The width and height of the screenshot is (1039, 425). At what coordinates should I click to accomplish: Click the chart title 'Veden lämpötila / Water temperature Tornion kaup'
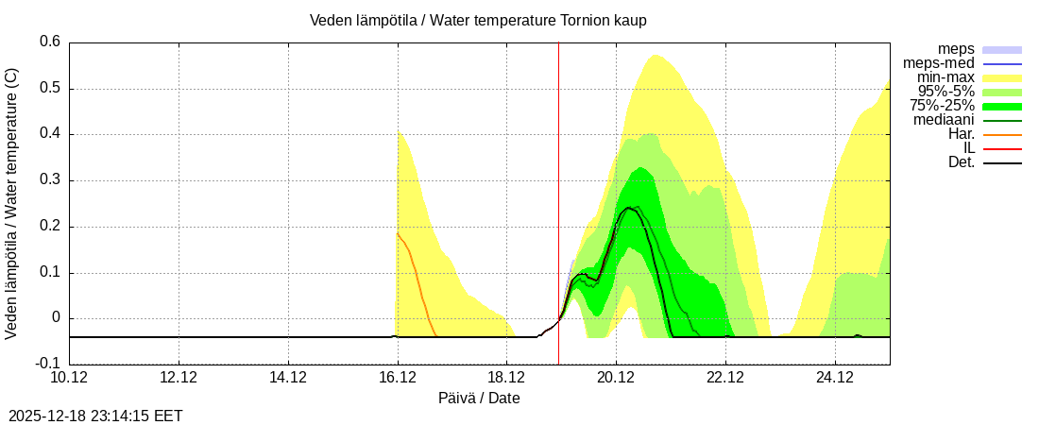[x=478, y=21]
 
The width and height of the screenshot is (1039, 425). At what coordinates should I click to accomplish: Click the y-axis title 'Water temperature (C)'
[x=11, y=203]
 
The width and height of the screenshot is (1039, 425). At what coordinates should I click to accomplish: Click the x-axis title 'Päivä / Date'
[x=479, y=398]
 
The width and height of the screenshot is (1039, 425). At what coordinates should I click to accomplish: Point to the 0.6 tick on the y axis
[x=50, y=42]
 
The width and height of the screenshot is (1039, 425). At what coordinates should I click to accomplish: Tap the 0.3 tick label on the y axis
[x=50, y=180]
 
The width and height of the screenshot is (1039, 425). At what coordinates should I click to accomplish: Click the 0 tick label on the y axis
[x=56, y=318]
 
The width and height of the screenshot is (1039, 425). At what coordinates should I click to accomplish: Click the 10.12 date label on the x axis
[x=69, y=378]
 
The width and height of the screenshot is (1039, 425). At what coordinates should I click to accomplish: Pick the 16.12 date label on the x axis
[x=398, y=378]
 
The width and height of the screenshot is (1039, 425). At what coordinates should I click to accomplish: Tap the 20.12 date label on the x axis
[x=617, y=378]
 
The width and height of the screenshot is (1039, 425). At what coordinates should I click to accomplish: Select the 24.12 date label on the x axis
[x=835, y=378]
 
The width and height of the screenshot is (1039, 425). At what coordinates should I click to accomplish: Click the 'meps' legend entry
[x=956, y=49]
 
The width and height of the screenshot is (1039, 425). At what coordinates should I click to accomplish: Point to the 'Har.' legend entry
[x=961, y=134]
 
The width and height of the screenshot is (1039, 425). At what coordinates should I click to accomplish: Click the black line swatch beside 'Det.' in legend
[x=1002, y=163]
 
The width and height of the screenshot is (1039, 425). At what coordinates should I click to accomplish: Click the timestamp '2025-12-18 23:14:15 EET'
[x=95, y=415]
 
